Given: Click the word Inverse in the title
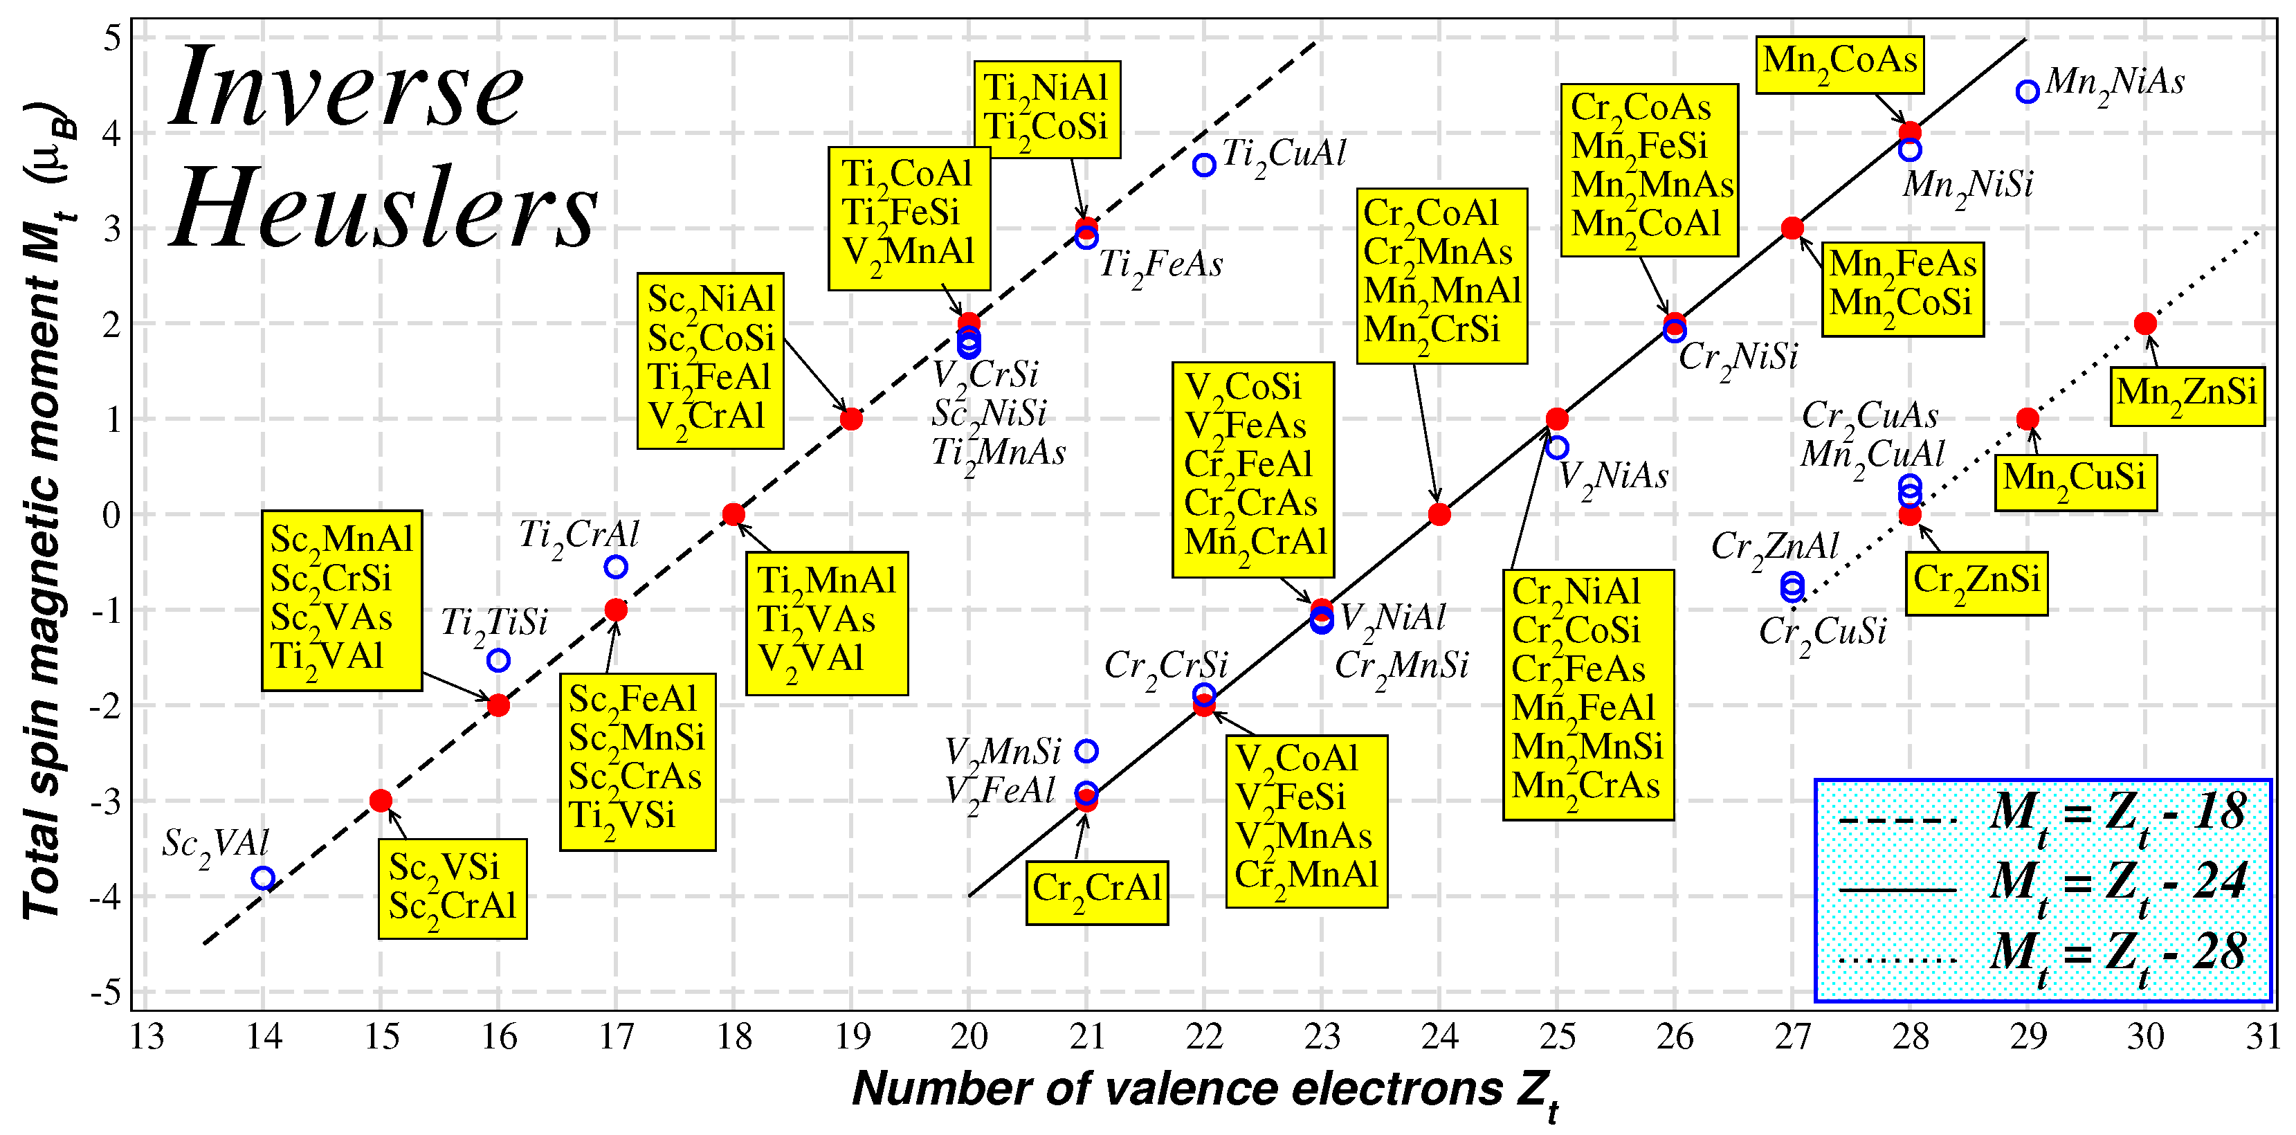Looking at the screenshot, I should tap(347, 89).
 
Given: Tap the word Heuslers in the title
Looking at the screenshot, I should tap(383, 210).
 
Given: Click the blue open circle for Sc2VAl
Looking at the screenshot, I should tap(263, 878).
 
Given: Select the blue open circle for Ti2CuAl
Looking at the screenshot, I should tap(1204, 165).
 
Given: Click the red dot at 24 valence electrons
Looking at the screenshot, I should tap(1439, 514).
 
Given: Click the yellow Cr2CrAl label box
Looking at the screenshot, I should tap(1096, 891).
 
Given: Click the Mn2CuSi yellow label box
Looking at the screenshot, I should tap(2075, 482).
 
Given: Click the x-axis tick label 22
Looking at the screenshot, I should tap(1204, 1037).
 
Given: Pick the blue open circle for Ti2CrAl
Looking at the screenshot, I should tap(616, 567).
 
